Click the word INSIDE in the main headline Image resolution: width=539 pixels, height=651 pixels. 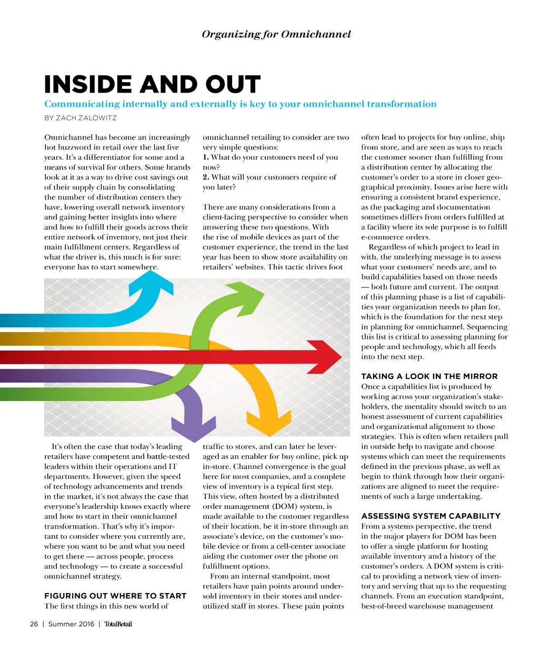coord(88,85)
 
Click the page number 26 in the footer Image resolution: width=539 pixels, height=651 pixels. coord(34,624)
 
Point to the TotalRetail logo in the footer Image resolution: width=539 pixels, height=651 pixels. coord(118,624)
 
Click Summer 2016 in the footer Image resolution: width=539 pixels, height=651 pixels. coord(71,624)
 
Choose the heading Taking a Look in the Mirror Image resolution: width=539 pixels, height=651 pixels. coord(429,376)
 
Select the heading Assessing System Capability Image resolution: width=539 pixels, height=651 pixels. coord(431,516)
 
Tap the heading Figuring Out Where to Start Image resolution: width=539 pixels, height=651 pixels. coord(115,596)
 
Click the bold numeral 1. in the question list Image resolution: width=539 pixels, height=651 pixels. coord(206,157)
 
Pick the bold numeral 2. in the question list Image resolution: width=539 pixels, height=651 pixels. coord(206,177)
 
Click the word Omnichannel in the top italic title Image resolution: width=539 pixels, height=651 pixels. coord(316,34)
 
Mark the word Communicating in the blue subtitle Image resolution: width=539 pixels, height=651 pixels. coord(82,104)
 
